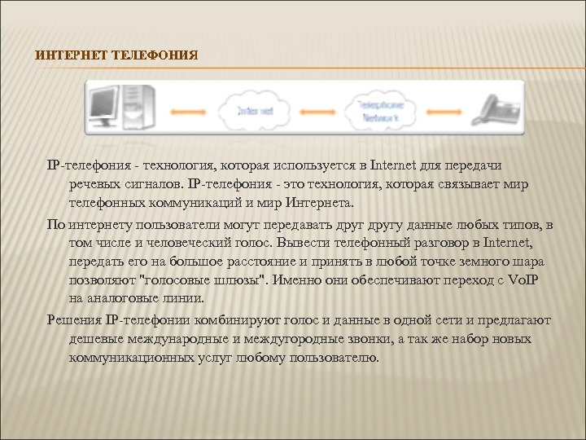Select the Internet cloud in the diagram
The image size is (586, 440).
[x=256, y=111]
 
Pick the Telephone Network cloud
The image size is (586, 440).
[x=382, y=111]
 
